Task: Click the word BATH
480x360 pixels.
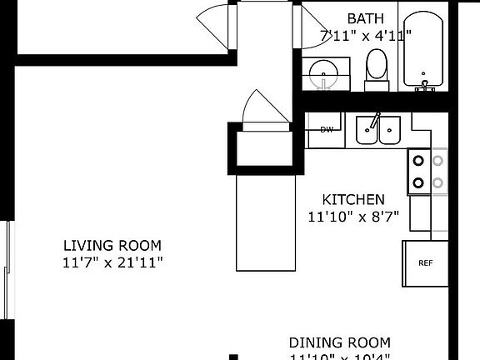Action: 366,18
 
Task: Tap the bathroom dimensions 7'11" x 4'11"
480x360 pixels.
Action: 356,37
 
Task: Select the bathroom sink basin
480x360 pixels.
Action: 322,76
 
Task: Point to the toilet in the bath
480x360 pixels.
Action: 377,68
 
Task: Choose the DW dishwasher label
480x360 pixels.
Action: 327,129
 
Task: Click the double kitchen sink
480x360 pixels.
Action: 377,131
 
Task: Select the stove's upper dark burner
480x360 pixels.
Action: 418,161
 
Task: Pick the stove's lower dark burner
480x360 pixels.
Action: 418,182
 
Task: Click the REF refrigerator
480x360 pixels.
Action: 425,263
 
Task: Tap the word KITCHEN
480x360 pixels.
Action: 353,199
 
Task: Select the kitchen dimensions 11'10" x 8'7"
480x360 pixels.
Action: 353,217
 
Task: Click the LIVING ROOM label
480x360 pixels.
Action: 112,246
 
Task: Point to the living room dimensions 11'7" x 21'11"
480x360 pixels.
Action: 112,262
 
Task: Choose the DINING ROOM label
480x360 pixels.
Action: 339,342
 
